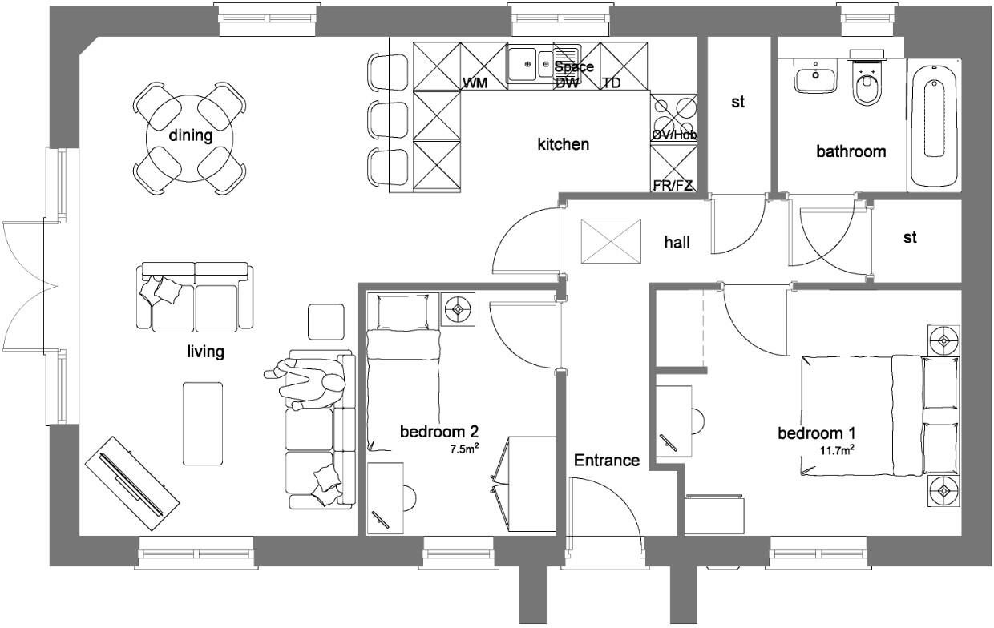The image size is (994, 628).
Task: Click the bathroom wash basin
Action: (815, 79)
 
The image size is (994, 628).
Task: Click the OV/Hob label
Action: (673, 135)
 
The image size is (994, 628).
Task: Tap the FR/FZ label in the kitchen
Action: (673, 186)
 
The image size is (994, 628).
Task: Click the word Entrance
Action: (607, 460)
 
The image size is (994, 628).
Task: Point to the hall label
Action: (677, 241)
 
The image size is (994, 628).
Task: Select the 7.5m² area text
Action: (464, 449)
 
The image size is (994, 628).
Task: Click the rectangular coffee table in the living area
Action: (202, 423)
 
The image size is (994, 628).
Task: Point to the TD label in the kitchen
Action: (611, 83)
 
